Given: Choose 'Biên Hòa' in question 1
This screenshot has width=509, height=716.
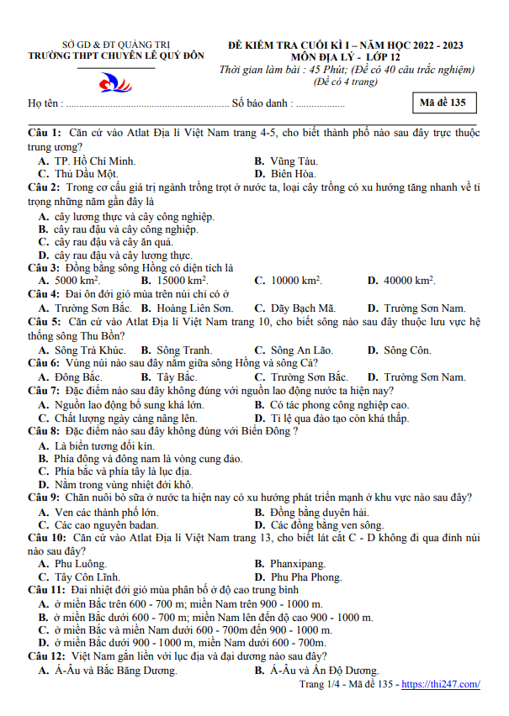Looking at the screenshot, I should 294,174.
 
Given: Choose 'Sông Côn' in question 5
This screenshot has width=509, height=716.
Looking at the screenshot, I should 407,350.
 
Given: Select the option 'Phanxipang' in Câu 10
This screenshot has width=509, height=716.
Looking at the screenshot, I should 298,564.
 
